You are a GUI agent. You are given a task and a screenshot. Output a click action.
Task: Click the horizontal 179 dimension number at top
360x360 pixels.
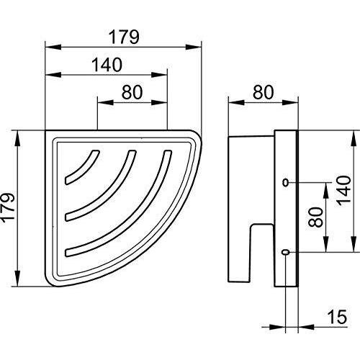coord(122,34)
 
